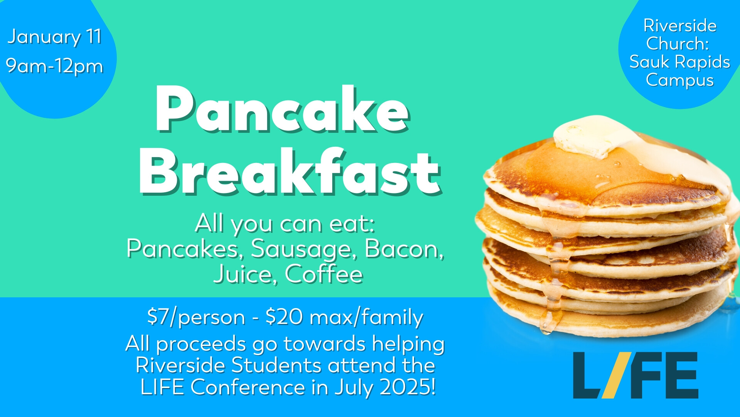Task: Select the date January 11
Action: click(54, 37)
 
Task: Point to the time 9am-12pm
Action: click(55, 66)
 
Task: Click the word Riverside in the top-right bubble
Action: click(680, 26)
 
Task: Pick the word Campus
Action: click(680, 81)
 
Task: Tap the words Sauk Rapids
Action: click(680, 62)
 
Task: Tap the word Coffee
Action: click(324, 274)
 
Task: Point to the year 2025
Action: click(408, 387)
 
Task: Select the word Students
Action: click(276, 365)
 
